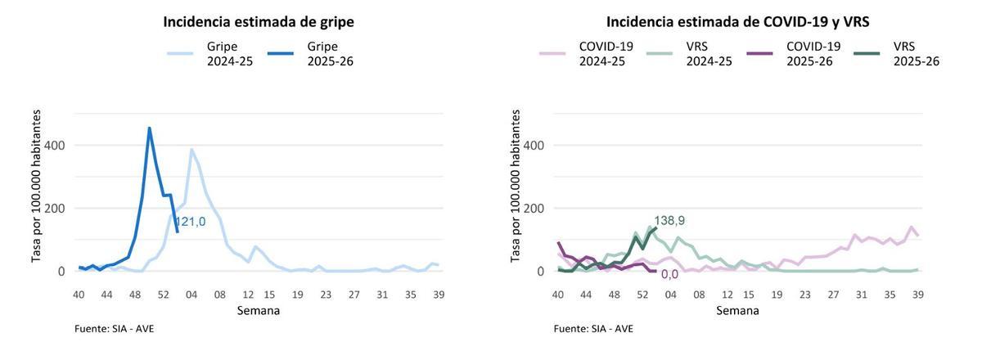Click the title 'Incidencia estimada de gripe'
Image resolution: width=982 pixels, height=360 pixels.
259,22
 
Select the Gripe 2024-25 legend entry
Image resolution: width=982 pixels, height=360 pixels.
211,54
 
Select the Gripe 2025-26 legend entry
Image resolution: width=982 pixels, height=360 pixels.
310,54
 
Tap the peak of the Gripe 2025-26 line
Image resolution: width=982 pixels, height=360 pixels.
149,128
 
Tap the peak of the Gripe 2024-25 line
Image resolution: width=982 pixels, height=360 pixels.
191,149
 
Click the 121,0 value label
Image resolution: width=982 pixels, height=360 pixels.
190,222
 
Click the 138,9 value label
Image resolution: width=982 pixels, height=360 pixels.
669,221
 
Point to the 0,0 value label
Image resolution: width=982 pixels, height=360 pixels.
669,275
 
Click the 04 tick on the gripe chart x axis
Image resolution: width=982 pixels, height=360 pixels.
191,295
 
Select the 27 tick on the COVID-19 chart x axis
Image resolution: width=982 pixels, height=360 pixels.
833,295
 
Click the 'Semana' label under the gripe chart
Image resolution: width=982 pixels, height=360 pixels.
259,311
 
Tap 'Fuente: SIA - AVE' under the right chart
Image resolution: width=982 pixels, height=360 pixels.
593,329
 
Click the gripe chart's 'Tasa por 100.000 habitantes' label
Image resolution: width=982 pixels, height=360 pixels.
37,187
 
